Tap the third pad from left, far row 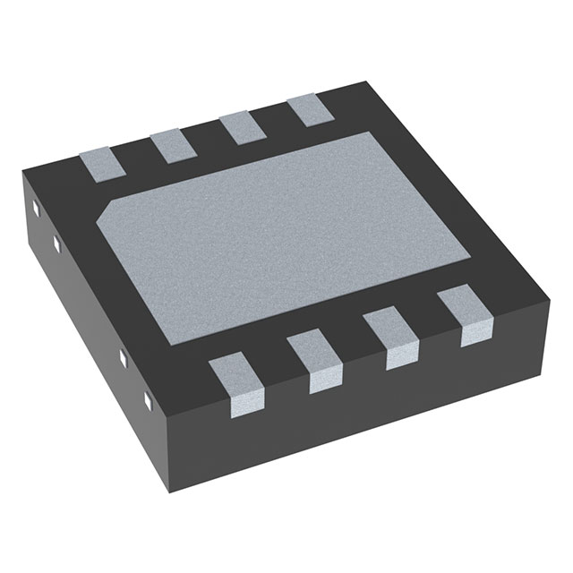pyautogui.click(x=235, y=125)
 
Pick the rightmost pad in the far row pyautogui.click(x=303, y=109)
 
